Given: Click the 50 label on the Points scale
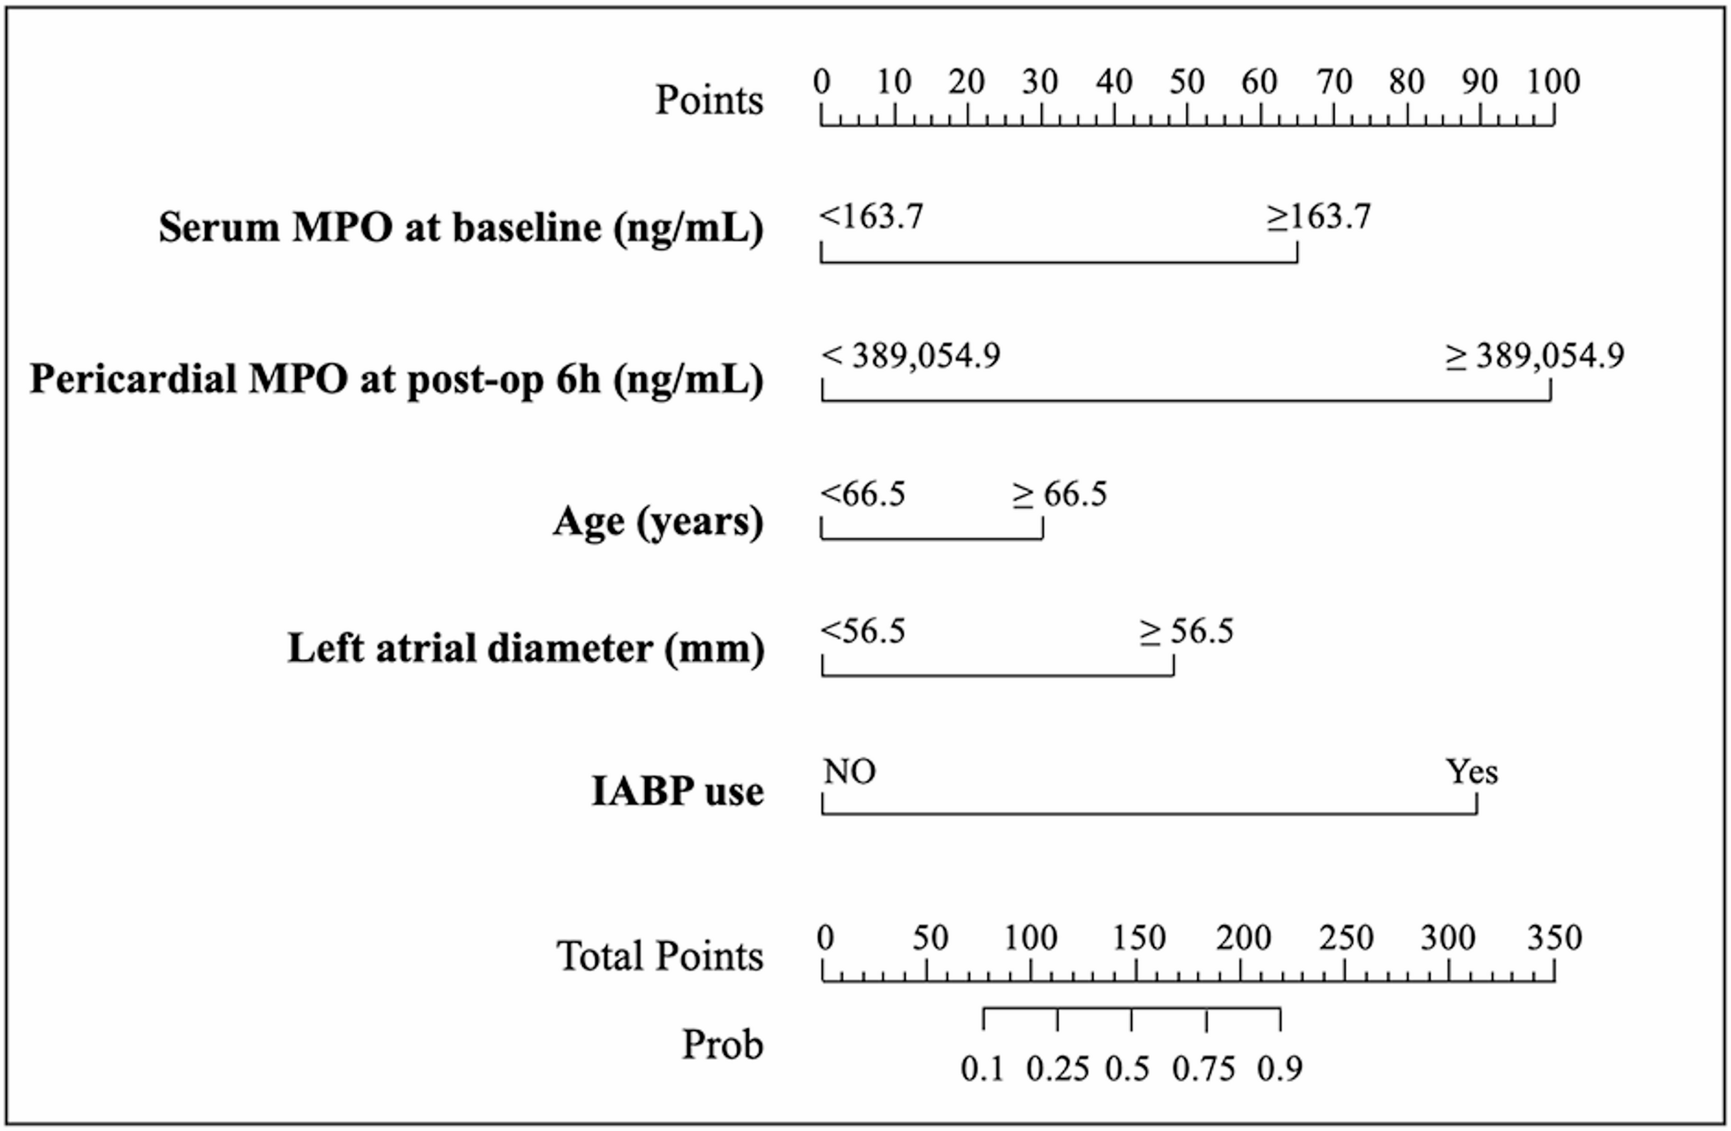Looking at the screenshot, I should click(1187, 82).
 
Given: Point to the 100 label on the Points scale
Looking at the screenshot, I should click(1553, 82).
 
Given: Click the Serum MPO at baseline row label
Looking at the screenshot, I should click(460, 228).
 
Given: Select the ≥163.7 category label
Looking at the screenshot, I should click(1318, 216).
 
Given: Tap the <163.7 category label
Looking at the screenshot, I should click(871, 216).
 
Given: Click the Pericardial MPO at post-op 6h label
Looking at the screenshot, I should click(397, 379).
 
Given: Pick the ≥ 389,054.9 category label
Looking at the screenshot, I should click(1535, 356).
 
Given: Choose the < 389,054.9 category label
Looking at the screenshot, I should click(911, 356).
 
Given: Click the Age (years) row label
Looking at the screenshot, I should click(658, 521).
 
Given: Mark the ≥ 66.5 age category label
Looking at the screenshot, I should click(1059, 494).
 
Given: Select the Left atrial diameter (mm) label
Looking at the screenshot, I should click(526, 649).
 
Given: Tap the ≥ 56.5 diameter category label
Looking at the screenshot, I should click(1186, 632).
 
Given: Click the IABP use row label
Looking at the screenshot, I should click(677, 791).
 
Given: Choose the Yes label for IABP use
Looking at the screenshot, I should click(1472, 772).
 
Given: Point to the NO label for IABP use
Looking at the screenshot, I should click(849, 772).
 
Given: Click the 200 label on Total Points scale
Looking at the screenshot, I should click(1242, 937).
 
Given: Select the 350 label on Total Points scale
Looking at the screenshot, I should click(1554, 937).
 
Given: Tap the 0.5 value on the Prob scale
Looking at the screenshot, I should click(1127, 1070).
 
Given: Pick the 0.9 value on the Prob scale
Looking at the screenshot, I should click(1279, 1070).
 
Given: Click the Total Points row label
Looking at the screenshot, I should click(659, 956).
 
